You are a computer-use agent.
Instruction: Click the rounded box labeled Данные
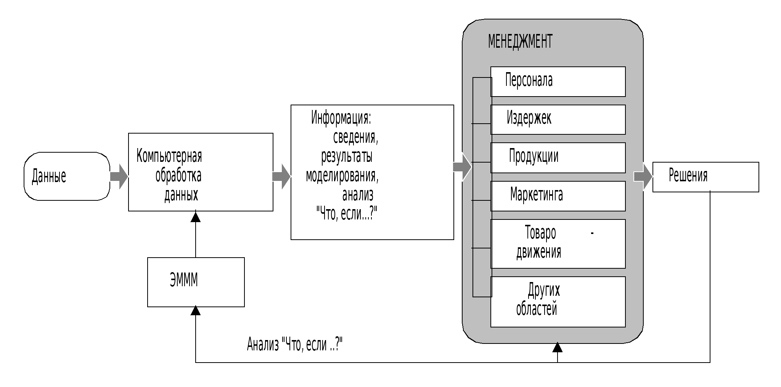(67, 176)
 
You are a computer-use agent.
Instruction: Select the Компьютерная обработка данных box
(201, 172)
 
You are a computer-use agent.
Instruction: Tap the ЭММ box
(196, 282)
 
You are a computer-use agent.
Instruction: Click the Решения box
(705, 177)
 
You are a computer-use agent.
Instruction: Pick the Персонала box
(558, 81)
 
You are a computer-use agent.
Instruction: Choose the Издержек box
(558, 119)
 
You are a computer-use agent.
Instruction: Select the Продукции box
(558, 158)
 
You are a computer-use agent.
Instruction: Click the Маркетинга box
(558, 196)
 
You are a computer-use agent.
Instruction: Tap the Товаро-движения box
(558, 243)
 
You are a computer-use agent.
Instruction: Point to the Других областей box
(558, 302)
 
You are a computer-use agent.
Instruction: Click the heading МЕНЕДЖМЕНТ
(520, 41)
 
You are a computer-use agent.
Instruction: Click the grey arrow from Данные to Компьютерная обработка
(119, 176)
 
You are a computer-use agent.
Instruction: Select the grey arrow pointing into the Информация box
(282, 176)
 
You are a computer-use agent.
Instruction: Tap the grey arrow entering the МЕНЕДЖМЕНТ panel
(462, 167)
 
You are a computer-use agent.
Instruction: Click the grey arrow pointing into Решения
(643, 176)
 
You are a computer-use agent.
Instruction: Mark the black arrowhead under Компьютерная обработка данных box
(196, 217)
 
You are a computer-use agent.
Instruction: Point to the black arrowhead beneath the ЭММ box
(196, 311)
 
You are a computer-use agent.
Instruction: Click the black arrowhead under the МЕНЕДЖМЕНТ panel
(558, 347)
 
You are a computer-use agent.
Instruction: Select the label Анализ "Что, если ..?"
(294, 344)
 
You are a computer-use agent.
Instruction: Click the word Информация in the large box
(341, 118)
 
